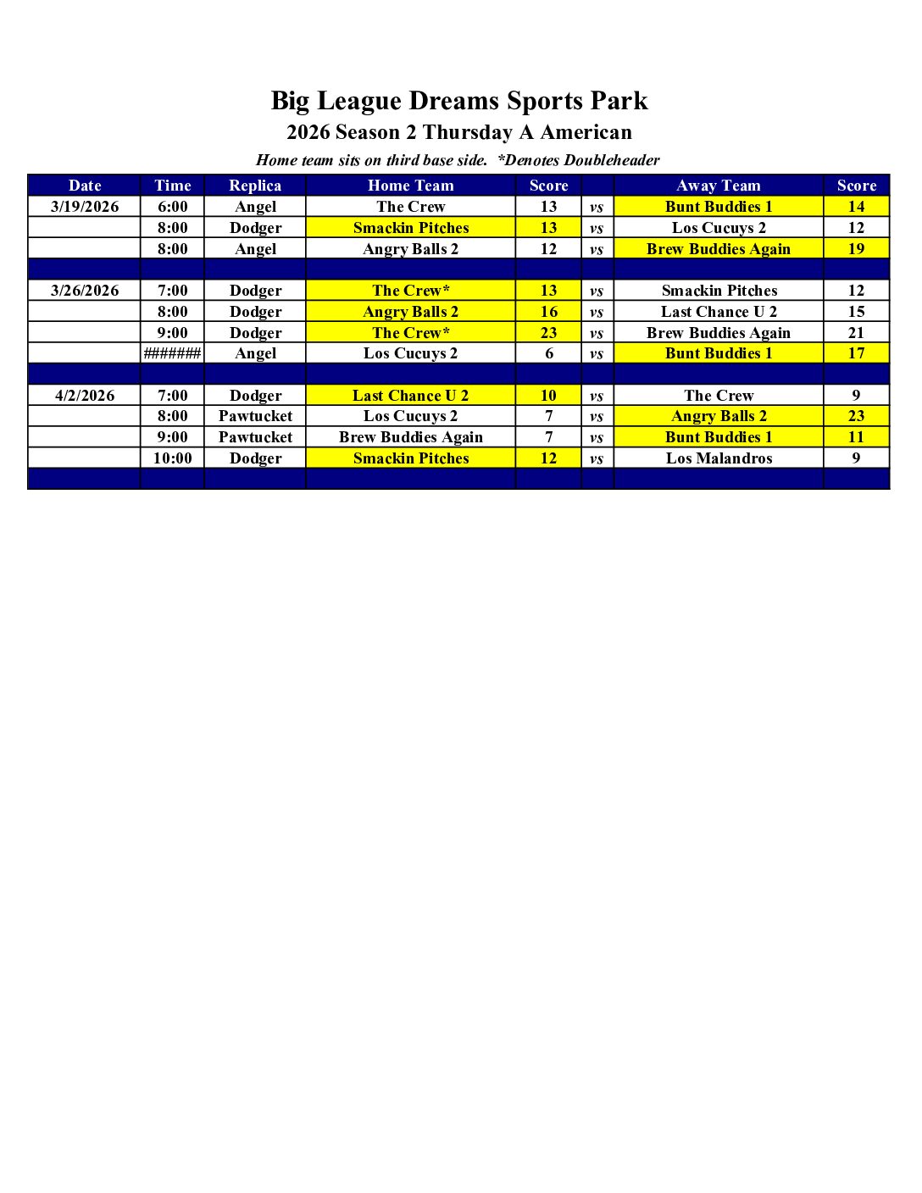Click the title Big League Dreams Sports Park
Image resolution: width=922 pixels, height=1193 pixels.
pos(459,101)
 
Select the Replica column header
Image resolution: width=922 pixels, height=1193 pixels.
pos(255,186)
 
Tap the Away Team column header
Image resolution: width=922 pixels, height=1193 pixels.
pos(719,186)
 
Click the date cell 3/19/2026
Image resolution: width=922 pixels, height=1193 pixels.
pos(85,207)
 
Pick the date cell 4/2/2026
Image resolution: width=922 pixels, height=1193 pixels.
pos(85,396)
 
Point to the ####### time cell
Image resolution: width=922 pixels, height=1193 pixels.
pos(172,353)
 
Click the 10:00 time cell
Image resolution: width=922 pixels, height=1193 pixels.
pos(172,458)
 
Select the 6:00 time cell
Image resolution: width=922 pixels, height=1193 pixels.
pos(172,207)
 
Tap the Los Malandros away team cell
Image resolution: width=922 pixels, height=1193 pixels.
pos(719,458)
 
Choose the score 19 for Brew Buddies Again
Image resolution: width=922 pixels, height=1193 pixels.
pos(856,249)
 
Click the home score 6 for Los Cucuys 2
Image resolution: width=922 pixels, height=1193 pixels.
pos(548,353)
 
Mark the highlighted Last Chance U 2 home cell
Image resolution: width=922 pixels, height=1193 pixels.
pos(410,396)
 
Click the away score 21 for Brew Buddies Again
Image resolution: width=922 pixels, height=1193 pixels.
pos(856,333)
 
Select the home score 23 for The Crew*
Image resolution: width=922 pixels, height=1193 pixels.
pos(548,333)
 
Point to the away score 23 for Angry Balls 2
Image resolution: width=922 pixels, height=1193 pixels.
pos(856,416)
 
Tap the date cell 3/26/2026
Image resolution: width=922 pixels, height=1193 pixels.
pos(85,291)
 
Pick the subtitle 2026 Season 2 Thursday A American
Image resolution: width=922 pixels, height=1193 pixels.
pos(459,132)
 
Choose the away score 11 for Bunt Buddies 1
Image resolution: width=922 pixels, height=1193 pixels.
pos(856,437)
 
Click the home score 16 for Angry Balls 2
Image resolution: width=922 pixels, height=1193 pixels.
pos(548,312)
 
